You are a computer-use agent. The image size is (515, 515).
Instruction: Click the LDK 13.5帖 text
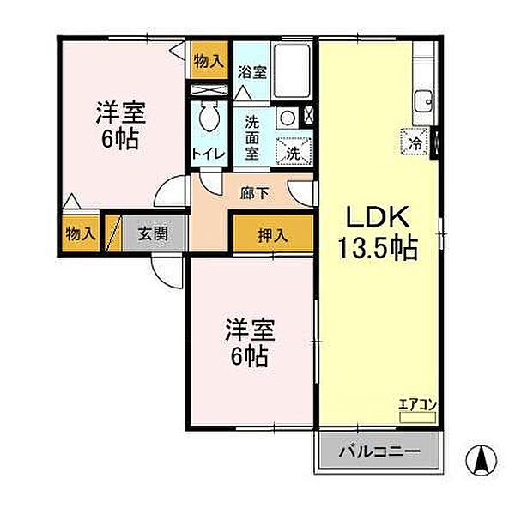click(381, 233)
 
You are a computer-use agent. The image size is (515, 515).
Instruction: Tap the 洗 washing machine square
click(293, 152)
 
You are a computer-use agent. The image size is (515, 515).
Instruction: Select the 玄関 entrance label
click(150, 233)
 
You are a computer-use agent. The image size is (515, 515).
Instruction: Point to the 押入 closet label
click(272, 233)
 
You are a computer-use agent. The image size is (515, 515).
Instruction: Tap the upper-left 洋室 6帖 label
click(120, 125)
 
